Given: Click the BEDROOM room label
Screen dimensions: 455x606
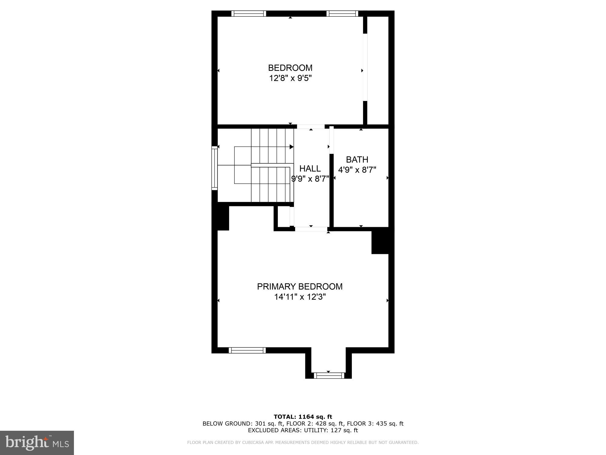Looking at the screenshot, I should coord(290,68).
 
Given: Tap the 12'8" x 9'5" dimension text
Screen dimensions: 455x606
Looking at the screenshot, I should coord(290,78).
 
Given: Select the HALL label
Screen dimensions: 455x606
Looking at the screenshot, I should coord(310,169).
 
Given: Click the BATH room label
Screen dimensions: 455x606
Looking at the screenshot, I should coord(357,160).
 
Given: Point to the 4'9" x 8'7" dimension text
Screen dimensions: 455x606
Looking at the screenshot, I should coord(357,170).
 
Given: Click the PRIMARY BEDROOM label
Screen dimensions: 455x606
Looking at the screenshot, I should coord(300,287).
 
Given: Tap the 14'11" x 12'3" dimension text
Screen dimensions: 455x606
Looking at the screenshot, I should coord(300,297).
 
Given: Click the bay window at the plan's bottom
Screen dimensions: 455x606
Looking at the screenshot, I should coord(329,376).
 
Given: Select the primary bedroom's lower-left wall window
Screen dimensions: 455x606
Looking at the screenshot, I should coord(247,350).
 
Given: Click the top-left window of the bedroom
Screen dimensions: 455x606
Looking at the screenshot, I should coord(248,13).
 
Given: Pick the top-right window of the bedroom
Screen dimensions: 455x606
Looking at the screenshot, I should coord(342,13).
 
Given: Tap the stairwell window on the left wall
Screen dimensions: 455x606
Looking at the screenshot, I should coord(215,168).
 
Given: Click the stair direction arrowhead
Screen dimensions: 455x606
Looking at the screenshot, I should coord(291,147).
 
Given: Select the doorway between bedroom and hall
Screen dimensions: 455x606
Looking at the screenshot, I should coord(311,126).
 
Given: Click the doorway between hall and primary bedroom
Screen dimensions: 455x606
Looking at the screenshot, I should coord(311,229).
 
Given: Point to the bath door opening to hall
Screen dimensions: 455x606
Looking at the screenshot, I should coord(331,140).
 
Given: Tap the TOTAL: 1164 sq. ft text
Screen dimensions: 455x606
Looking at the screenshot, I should coord(303,416).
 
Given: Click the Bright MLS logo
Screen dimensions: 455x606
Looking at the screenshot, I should coord(37,443).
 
